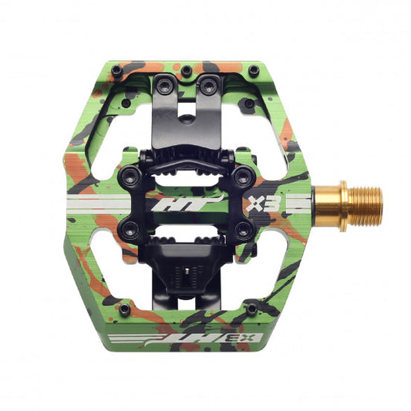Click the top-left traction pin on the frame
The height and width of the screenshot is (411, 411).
click(115, 70)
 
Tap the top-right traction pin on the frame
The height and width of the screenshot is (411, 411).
click(254, 70)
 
